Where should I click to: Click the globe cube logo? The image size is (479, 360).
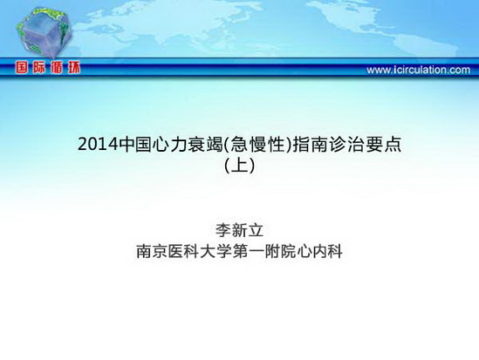[44, 33]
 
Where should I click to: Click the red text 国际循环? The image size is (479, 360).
[48, 67]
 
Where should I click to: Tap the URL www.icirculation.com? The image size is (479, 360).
[418, 70]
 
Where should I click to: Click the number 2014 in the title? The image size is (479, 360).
[98, 145]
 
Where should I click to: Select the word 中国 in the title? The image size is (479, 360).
[134, 145]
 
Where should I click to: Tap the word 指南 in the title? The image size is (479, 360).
[309, 145]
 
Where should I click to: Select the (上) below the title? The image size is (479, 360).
[239, 166]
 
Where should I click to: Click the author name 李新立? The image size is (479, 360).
[239, 230]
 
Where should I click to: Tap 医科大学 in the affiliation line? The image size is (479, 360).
[200, 252]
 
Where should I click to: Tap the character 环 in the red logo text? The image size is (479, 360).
[73, 67]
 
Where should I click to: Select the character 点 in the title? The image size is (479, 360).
[393, 145]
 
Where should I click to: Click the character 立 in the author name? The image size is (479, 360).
[256, 230]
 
